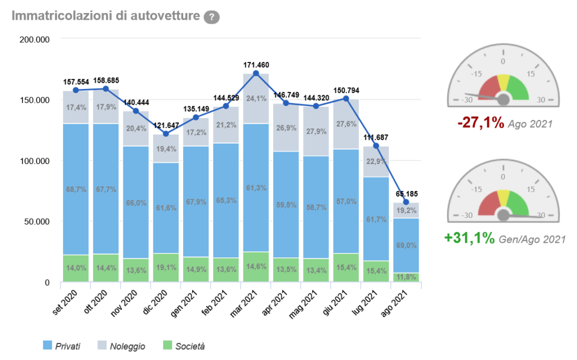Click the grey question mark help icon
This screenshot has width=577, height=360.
(x=211, y=17)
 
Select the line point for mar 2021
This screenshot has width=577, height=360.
(x=256, y=73)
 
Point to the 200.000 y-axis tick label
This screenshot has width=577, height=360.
(x=34, y=39)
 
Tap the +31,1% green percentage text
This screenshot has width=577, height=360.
(x=470, y=239)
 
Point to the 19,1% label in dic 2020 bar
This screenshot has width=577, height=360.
(x=166, y=268)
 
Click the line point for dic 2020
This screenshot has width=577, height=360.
(x=166, y=134)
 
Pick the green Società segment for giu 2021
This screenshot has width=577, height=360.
(x=347, y=268)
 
